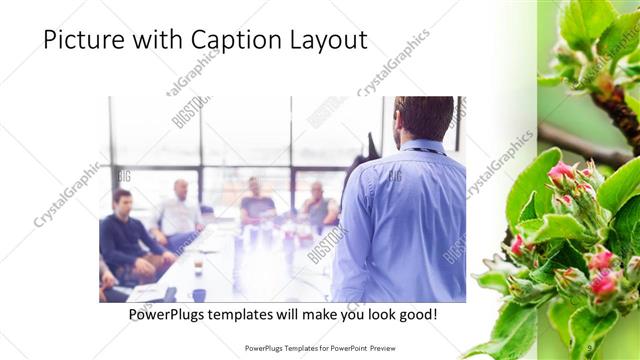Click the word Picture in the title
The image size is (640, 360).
click(x=81, y=40)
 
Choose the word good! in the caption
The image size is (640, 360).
click(x=415, y=314)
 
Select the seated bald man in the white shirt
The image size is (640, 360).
click(x=180, y=210)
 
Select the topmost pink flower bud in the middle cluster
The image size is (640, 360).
click(x=562, y=172)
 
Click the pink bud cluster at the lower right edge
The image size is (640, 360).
click(x=603, y=285)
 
